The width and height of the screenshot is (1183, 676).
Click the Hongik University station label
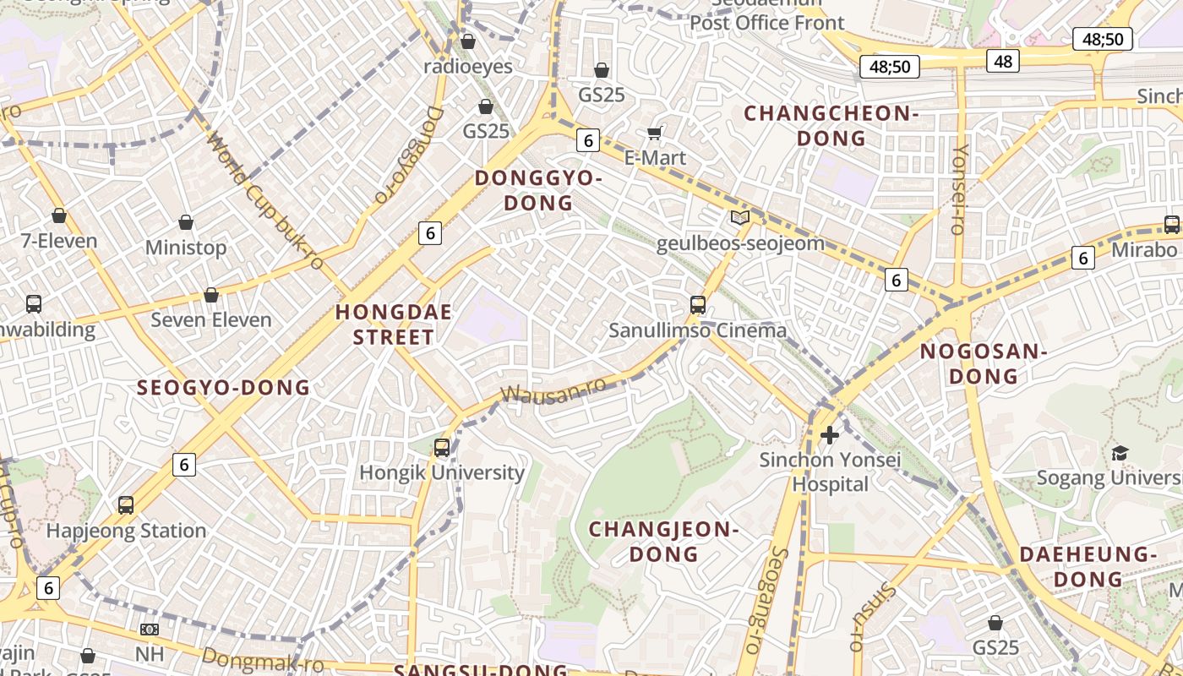pyautogui.click(x=442, y=472)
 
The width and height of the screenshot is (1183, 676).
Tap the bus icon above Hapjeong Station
pyautogui.click(x=126, y=505)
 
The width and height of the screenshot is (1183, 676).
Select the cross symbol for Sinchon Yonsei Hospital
pyautogui.click(x=830, y=435)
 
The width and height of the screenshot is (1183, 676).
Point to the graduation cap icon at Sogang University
pyautogui.click(x=1120, y=454)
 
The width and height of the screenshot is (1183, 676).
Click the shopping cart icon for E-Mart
pyautogui.click(x=654, y=133)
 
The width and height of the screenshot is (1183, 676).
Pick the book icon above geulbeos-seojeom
pyautogui.click(x=740, y=218)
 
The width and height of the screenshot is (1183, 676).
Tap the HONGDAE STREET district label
pyautogui.click(x=394, y=324)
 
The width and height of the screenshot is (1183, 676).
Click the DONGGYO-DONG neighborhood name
pyautogui.click(x=538, y=191)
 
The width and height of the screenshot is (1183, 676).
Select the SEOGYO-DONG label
pyautogui.click(x=224, y=388)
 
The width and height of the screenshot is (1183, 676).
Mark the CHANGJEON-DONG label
pyautogui.click(x=664, y=542)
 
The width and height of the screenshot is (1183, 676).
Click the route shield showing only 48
pyautogui.click(x=1003, y=61)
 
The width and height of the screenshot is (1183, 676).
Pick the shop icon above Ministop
pyautogui.click(x=186, y=223)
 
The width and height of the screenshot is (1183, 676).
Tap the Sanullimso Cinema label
pyautogui.click(x=698, y=330)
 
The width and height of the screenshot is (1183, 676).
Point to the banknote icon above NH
pyautogui.click(x=150, y=630)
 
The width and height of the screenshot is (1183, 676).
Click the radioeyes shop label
pyautogui.click(x=468, y=67)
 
